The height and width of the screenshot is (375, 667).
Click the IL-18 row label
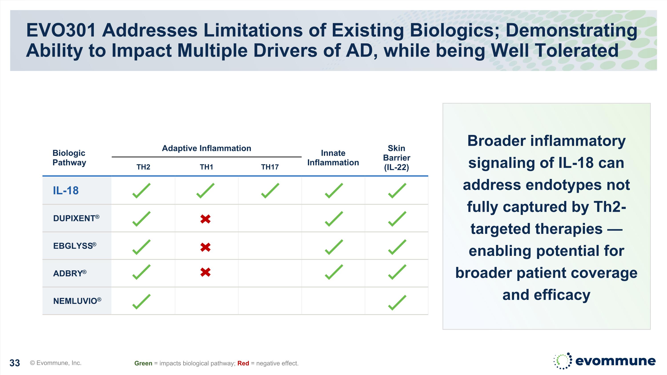66,191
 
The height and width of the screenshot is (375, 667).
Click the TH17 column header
270,167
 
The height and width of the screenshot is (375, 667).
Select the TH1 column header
206,167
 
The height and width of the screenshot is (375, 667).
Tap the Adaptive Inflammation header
206,148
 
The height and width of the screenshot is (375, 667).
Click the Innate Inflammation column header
333,158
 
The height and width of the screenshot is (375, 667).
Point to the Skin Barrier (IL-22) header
396,158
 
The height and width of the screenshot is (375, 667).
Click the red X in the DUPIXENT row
205,219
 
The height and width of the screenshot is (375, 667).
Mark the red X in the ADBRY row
205,272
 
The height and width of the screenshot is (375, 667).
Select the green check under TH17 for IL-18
270,191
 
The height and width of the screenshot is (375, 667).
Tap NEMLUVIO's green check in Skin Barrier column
397,302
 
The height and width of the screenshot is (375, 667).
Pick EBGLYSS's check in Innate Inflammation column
334,247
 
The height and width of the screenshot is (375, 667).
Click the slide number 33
14,363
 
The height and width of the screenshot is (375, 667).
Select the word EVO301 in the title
61,30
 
